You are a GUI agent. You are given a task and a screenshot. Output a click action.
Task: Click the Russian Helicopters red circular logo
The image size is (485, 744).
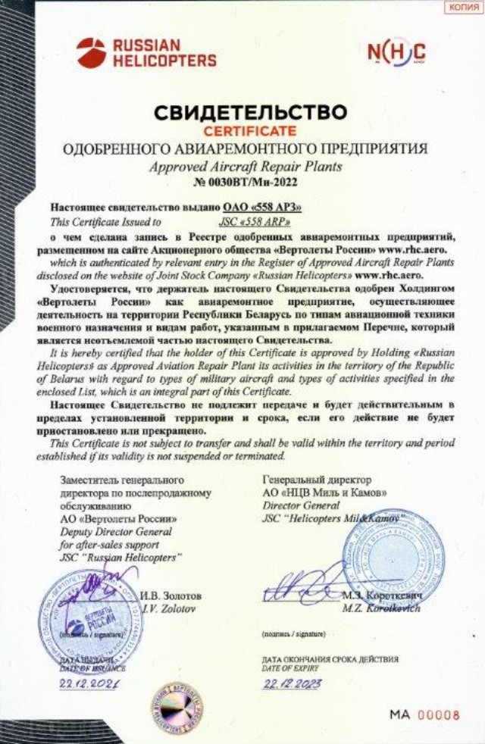pyautogui.click(x=91, y=52)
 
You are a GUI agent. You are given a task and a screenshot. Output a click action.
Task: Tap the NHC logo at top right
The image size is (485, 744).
pyautogui.click(x=396, y=52)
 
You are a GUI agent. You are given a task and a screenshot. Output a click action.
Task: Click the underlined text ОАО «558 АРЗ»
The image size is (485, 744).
pyautogui.click(x=263, y=206)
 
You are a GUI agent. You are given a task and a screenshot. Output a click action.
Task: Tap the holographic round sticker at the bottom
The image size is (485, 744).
pyautogui.click(x=176, y=703)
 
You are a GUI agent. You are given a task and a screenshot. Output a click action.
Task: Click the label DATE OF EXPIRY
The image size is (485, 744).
pyautogui.click(x=290, y=668)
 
